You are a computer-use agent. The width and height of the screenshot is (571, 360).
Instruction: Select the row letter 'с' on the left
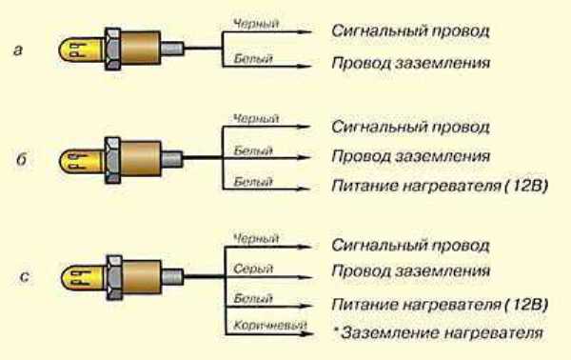click(x=22, y=276)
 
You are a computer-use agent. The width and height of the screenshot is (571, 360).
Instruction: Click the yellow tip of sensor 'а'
click(x=77, y=47)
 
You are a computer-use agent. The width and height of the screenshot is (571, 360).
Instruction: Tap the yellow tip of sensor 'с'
click(x=77, y=276)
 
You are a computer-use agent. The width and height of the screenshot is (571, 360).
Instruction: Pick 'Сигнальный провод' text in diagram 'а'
click(x=411, y=30)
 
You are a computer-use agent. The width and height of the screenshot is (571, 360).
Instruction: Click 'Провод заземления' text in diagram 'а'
click(x=411, y=66)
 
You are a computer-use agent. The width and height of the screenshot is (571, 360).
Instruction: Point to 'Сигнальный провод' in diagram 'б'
click(x=411, y=126)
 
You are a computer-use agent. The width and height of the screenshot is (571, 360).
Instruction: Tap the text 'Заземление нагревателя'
click(x=443, y=333)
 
